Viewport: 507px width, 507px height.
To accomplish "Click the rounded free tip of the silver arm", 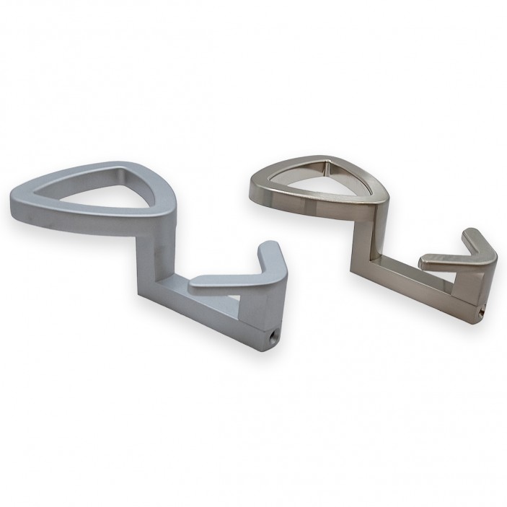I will (195, 286).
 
